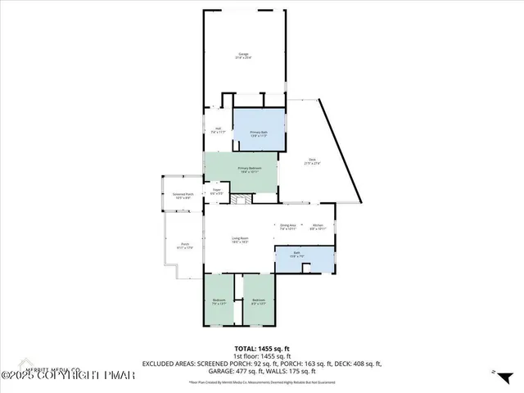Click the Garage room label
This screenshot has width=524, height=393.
[244, 56]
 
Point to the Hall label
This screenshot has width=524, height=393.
[219, 129]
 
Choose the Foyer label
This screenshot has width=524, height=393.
[217, 192]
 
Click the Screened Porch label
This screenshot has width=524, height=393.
[182, 196]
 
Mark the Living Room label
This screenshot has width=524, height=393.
[240, 240]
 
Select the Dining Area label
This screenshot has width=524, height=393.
[287, 226]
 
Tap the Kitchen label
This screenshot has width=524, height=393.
[318, 226]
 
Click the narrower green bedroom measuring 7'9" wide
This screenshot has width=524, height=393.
[219, 301]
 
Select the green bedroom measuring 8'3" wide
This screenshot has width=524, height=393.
[259, 301]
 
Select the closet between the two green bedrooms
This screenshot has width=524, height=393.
[238, 311]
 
